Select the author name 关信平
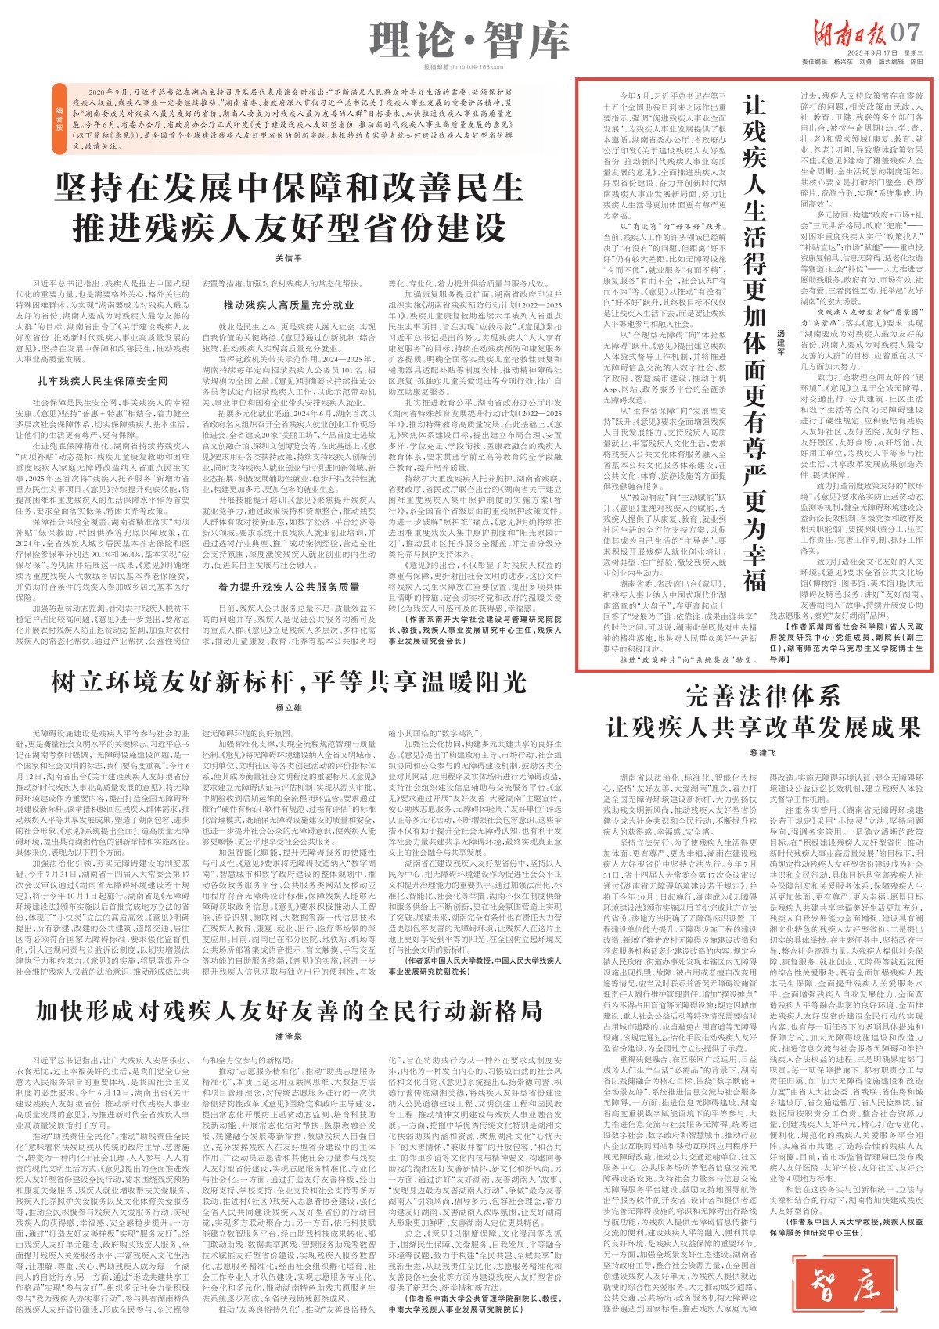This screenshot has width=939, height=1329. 289,258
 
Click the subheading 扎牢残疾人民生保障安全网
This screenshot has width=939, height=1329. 103,381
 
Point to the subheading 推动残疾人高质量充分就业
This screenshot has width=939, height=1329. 289,304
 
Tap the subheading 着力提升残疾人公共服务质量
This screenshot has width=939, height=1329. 289,586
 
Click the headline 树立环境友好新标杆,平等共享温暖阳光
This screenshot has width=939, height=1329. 289,682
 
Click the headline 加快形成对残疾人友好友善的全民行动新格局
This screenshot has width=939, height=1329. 289,1011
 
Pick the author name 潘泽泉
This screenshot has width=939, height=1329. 289,1036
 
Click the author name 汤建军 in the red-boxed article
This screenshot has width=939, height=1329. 779,341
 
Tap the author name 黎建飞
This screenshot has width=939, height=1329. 761,753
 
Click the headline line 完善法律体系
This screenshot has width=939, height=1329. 762,696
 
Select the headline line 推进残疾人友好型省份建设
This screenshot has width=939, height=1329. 289,227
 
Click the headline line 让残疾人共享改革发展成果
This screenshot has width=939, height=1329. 762,727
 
